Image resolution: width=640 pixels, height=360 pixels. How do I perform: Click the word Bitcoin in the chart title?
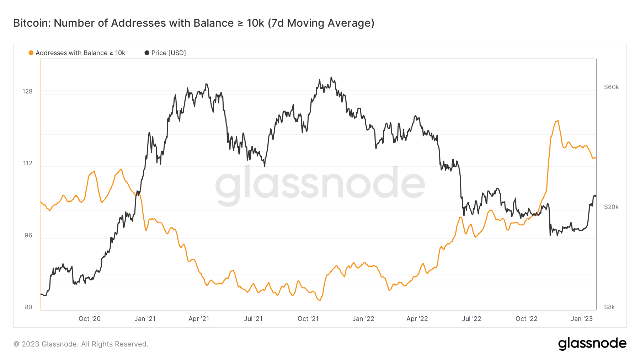point(31,23)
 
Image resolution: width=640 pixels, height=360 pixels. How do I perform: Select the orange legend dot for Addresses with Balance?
point(31,53)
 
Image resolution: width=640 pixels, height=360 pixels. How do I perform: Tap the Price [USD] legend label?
point(169,53)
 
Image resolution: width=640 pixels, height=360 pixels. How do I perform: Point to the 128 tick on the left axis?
point(27,91)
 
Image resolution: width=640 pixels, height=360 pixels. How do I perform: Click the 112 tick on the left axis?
point(27,163)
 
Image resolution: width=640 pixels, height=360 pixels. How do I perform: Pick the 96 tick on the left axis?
point(28,235)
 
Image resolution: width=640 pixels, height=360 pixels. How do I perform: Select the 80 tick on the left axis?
point(28,307)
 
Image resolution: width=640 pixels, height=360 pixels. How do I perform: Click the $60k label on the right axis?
point(611,87)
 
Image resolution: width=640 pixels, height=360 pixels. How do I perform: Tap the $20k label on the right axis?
point(611,207)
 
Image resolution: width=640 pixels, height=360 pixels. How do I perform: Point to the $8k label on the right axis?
point(609,307)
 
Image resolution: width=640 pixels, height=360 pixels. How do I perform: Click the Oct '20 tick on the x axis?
point(90,319)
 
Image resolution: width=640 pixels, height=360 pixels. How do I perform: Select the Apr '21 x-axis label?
point(199,319)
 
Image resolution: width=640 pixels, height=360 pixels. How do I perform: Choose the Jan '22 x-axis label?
point(363,319)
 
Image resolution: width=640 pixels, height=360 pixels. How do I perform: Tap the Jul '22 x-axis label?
point(471,319)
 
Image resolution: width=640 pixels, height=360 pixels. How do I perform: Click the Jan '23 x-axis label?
point(581,319)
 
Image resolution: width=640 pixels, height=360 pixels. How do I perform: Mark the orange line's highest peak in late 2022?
point(558,121)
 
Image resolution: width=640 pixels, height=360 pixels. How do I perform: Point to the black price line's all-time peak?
point(331,77)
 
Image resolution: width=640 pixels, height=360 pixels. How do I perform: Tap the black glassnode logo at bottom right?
point(592,344)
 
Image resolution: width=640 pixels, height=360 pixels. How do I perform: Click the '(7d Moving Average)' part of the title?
point(321,23)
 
